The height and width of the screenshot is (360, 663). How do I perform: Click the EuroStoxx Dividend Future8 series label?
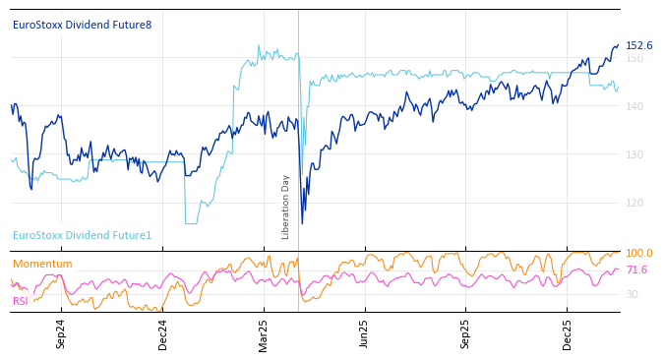83,25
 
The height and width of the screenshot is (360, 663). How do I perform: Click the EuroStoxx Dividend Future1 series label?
83,235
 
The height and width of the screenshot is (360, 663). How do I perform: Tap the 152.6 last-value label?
638,45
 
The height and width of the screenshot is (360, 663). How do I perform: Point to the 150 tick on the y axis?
634,58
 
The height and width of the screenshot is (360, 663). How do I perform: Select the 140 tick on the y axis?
634,106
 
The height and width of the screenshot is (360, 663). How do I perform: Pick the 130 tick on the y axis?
634,154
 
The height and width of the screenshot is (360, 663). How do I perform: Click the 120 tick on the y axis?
634,203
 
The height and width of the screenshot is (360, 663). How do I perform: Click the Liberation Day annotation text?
286,207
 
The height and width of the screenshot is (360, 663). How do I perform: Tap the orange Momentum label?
42,264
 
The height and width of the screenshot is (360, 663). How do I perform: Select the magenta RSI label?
21,301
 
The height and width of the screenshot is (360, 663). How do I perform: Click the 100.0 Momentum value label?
638,253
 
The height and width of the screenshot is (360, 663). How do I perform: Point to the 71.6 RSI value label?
636,270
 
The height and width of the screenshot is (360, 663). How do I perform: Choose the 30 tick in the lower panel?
632,294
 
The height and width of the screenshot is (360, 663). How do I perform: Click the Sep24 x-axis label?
61,333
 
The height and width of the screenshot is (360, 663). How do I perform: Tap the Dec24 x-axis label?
162,333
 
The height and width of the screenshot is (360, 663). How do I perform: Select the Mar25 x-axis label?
264,333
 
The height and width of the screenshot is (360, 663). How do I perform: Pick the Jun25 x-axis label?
364,333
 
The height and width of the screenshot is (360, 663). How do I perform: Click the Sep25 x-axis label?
465,333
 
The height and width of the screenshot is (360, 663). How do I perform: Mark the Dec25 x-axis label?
567,333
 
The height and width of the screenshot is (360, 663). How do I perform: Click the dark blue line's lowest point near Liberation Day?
302,223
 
